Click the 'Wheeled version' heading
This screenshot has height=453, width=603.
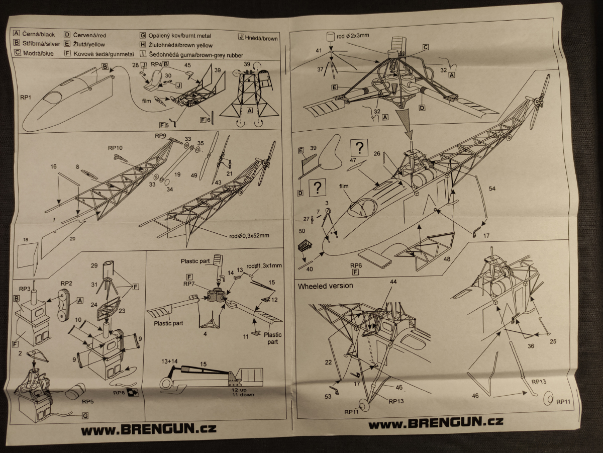pyautogui.click(x=326, y=286)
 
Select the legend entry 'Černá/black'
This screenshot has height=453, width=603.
pyautogui.click(x=35, y=34)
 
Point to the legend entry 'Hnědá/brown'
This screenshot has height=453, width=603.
pyautogui.click(x=258, y=38)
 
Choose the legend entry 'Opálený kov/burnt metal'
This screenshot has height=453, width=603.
pyautogui.click(x=175, y=36)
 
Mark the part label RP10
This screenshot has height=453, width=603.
pyautogui.click(x=115, y=148)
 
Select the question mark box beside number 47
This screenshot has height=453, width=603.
pyautogui.click(x=360, y=147)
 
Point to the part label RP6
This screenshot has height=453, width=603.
pyautogui.click(x=356, y=265)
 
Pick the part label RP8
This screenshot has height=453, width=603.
pyautogui.click(x=119, y=393)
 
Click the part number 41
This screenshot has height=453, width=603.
pyautogui.click(x=318, y=51)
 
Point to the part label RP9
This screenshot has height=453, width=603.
pyautogui.click(x=160, y=136)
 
